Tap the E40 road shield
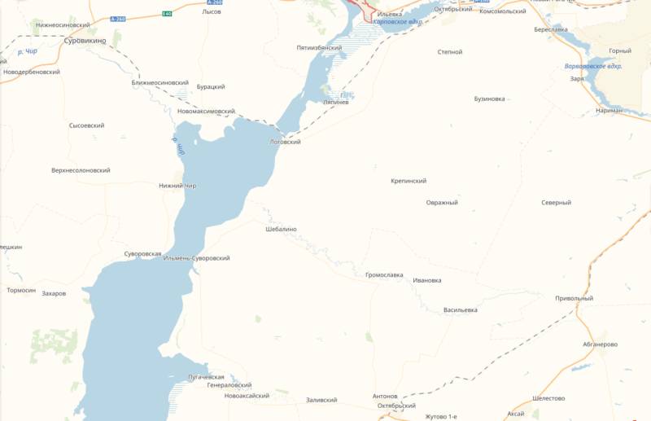click(x=167, y=14)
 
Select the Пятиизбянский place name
click(x=319, y=48)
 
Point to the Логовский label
click(x=285, y=142)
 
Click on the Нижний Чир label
click(x=177, y=186)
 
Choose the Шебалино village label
click(x=282, y=229)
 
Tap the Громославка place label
click(x=384, y=275)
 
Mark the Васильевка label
click(x=461, y=309)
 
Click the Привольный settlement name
click(x=574, y=298)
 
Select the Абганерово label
click(x=600, y=344)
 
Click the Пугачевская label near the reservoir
click(x=205, y=377)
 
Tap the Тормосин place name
click(x=21, y=290)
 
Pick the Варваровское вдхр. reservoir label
click(x=593, y=66)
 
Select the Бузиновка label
click(x=489, y=99)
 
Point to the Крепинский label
click(x=409, y=181)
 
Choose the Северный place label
click(x=556, y=202)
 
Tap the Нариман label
click(x=608, y=110)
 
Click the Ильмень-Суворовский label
click(x=196, y=258)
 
